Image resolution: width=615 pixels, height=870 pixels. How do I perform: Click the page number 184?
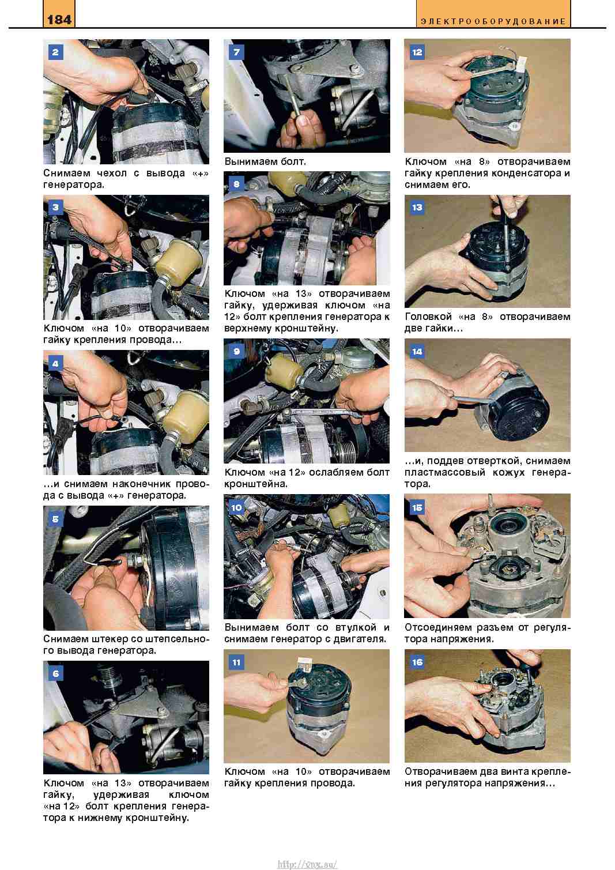[x=59, y=20]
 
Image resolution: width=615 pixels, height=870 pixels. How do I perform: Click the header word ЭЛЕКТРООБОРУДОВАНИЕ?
[x=493, y=21]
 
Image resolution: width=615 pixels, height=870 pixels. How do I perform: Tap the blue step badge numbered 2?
[x=55, y=52]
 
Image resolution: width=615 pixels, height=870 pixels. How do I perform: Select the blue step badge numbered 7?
[x=236, y=52]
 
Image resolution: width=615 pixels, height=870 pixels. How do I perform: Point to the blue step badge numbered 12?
[x=417, y=52]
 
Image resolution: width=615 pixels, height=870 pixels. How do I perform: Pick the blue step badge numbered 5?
[x=55, y=519]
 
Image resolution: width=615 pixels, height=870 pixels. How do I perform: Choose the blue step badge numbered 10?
[x=236, y=507]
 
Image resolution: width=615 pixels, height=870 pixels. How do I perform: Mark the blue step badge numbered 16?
[x=417, y=662]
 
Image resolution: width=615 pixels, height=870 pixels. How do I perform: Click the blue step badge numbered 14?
[x=417, y=352]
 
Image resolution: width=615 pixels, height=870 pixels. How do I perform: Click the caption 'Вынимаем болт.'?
[x=265, y=161]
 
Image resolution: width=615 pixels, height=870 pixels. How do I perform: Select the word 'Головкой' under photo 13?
[x=428, y=317]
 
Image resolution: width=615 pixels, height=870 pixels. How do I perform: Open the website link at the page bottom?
[x=307, y=861]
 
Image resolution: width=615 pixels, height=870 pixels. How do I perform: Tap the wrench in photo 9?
[x=322, y=412]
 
